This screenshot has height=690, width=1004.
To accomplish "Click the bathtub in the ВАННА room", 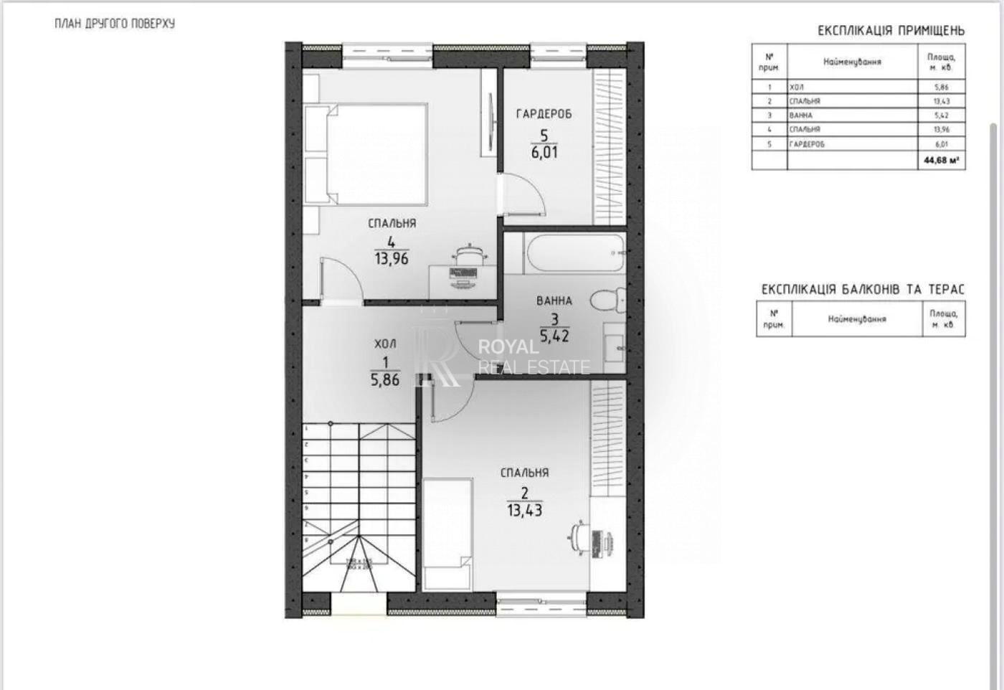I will [574, 252].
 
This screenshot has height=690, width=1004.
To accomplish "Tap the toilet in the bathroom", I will [607, 301].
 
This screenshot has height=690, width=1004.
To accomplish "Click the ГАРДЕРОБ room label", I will [544, 113].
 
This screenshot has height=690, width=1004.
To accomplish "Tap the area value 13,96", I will [391, 259].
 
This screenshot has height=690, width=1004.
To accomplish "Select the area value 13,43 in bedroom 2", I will [524, 511].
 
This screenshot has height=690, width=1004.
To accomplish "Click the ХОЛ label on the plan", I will [385, 344].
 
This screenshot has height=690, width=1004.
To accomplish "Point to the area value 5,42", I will [554, 335].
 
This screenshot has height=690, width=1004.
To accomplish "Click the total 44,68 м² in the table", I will [941, 161].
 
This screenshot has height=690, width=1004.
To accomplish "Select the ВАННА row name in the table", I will [801, 115].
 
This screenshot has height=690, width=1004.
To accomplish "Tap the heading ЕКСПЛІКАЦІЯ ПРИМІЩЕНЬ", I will [891, 31].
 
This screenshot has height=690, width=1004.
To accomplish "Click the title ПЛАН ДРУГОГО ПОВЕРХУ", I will [115, 24].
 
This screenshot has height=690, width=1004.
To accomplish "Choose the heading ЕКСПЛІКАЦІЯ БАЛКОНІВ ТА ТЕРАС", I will [863, 289].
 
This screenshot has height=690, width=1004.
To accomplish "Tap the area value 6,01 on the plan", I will [544, 152].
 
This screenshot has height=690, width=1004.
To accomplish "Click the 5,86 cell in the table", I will [941, 87].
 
